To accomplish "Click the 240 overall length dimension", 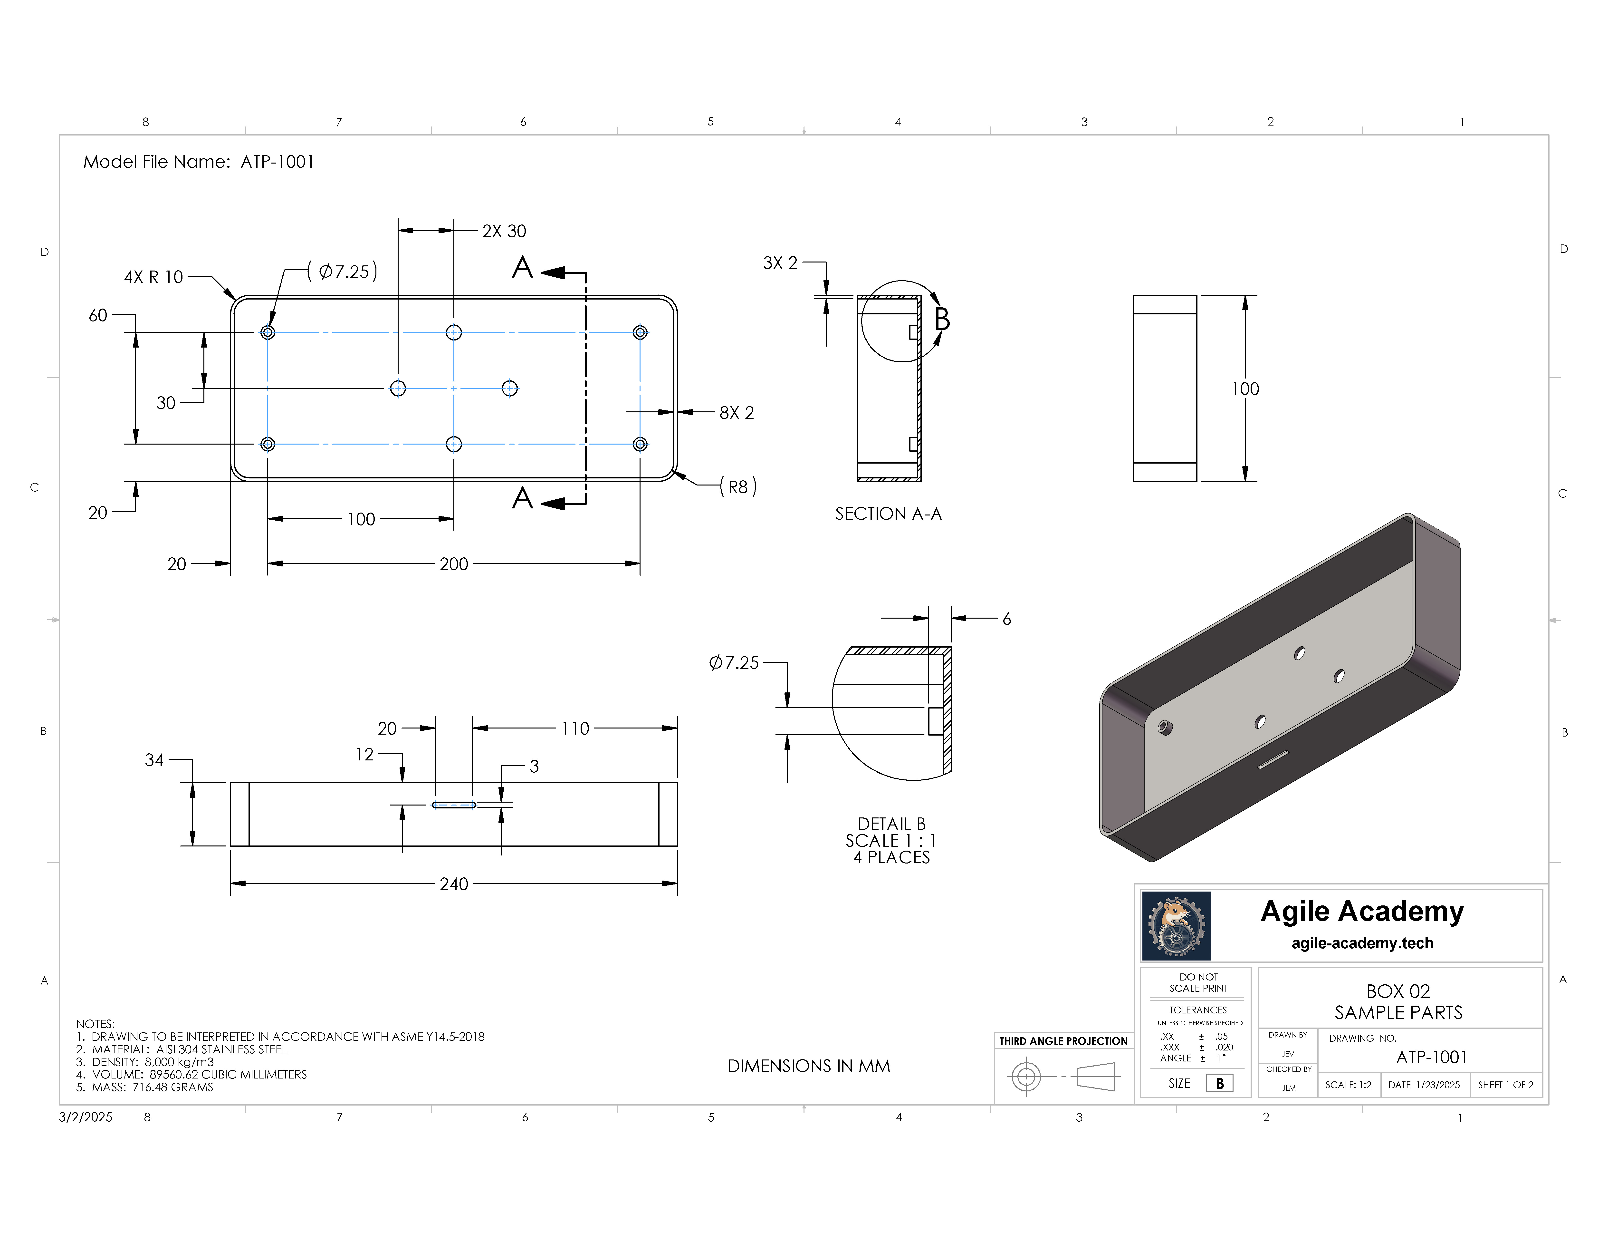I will click(x=454, y=884).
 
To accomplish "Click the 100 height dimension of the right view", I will click(x=1245, y=389).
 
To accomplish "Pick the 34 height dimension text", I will click(x=154, y=760).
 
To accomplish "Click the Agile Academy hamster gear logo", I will click(x=1176, y=926).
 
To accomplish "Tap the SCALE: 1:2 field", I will click(x=1348, y=1085).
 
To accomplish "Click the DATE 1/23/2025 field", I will click(x=1424, y=1085).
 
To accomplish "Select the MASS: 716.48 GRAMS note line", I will click(x=145, y=1087).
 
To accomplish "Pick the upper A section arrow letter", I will click(x=522, y=267).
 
